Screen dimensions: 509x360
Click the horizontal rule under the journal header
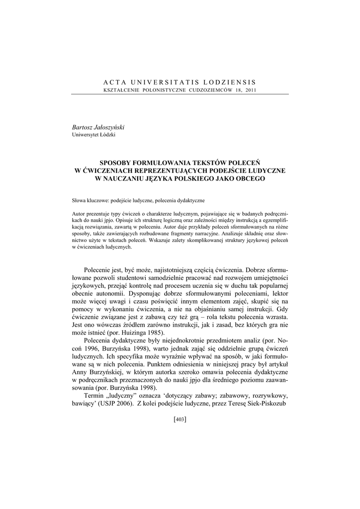coord(180,94)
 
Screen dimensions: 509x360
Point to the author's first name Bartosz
coord(83,127)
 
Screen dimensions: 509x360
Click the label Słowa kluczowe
coord(90,200)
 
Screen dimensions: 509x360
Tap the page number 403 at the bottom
coord(180,420)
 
